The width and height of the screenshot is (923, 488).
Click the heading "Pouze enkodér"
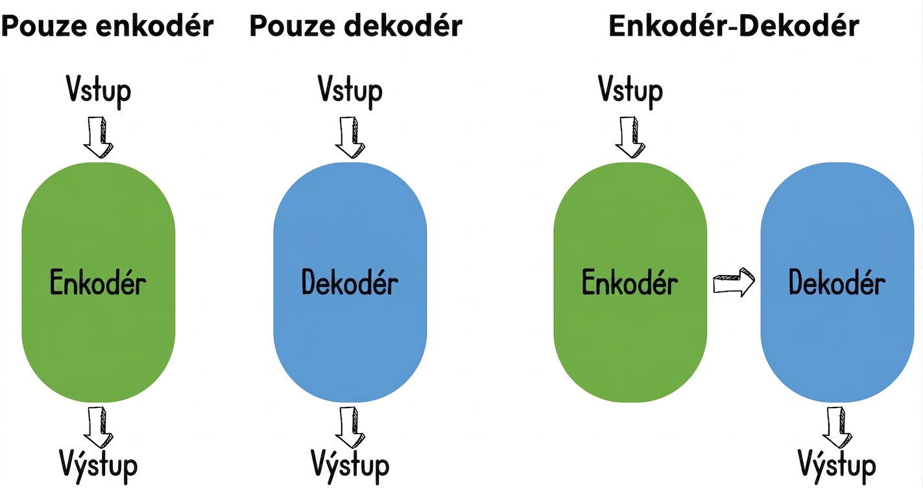[108, 26]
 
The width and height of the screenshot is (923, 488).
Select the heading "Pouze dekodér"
[356, 26]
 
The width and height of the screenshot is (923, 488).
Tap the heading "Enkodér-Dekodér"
[734, 26]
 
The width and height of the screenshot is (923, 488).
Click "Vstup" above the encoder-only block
[99, 91]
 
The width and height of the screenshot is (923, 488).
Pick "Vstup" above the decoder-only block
[350, 91]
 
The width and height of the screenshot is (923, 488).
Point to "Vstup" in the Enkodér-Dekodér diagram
[630, 91]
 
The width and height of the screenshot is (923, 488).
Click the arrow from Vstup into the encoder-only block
[99, 138]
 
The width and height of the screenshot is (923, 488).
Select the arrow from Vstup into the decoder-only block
[350, 138]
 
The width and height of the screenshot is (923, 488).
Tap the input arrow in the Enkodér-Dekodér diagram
[630, 138]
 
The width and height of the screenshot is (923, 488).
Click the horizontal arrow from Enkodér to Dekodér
[734, 283]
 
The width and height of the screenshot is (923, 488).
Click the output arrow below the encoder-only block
[99, 428]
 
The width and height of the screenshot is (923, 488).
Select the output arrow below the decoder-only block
[350, 428]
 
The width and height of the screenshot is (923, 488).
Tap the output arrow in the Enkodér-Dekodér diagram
[837, 428]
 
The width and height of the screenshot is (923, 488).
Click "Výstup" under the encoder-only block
[99, 466]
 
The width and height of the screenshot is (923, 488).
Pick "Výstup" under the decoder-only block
[350, 466]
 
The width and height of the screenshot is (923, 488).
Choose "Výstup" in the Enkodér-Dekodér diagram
[837, 466]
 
